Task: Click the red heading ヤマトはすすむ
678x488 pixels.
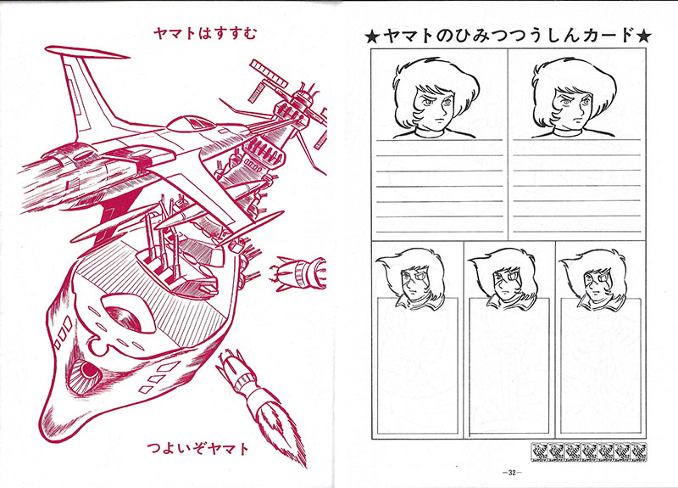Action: click(x=205, y=33)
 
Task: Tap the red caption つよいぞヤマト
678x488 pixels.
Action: click(x=198, y=448)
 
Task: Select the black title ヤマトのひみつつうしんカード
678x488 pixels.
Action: click(x=508, y=36)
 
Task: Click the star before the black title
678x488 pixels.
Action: click(x=372, y=36)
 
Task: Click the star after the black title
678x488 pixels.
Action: click(x=643, y=36)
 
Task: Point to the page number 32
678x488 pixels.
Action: click(x=512, y=473)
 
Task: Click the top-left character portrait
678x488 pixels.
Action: click(x=436, y=98)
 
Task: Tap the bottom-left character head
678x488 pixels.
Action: click(x=410, y=279)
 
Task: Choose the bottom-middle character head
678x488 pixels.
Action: click(x=503, y=278)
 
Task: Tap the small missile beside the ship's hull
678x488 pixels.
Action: click(x=298, y=272)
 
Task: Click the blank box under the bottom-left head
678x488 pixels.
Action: click(x=417, y=367)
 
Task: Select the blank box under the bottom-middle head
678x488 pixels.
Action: click(x=509, y=367)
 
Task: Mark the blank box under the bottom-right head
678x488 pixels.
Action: click(x=601, y=367)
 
